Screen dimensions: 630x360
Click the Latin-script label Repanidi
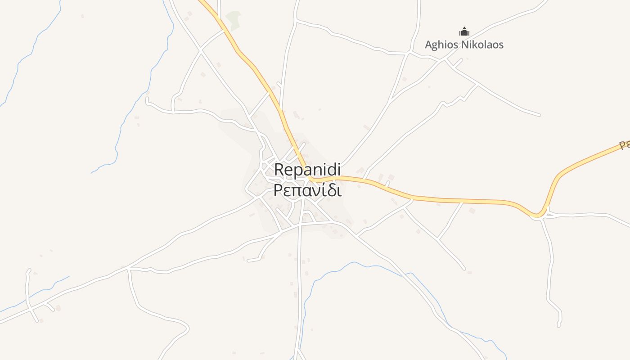(307, 170)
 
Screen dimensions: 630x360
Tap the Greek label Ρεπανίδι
(307, 190)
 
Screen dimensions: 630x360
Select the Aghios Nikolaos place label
(464, 45)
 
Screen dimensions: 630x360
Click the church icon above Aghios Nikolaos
(464, 31)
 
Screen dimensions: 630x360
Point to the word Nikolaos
(481, 45)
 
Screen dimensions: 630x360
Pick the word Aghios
(440, 45)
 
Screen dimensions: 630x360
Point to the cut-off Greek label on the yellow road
(624, 145)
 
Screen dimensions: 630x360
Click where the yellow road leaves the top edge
(201, 1)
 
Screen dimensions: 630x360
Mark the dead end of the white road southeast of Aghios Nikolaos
(539, 115)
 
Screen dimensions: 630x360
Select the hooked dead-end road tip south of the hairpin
(558, 325)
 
